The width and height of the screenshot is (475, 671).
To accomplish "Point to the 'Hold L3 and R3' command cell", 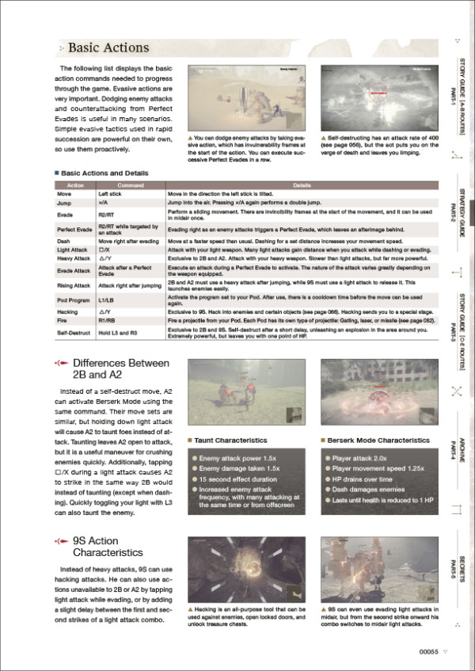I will pyautogui.click(x=117, y=332).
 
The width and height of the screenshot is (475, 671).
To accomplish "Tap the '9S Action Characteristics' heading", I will pyautogui.click(x=107, y=547).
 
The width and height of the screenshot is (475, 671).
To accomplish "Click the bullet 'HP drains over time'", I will pyautogui.click(x=357, y=480).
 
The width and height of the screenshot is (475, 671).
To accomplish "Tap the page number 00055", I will pyautogui.click(x=428, y=651).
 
